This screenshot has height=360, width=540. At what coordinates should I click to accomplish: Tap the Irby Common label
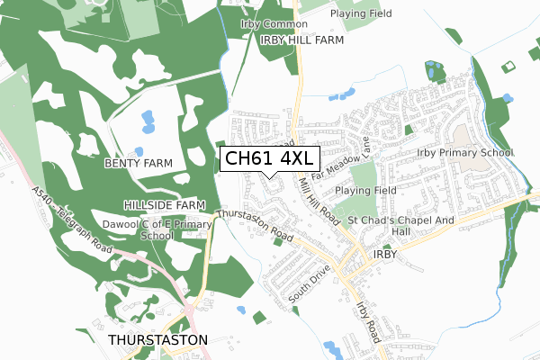pos(268,24)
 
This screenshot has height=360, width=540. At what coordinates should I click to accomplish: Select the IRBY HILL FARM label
pos(302,40)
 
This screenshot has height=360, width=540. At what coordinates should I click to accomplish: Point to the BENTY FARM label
pos(138,163)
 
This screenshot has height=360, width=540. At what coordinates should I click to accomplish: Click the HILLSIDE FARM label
pos(159,205)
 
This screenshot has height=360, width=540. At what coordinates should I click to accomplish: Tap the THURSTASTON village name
pos(157,340)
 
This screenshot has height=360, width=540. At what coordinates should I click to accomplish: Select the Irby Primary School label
pos(464,153)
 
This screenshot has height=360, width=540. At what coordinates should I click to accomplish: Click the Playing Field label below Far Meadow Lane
pos(366,191)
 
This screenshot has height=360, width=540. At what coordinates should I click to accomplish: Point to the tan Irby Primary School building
pos(466,136)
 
